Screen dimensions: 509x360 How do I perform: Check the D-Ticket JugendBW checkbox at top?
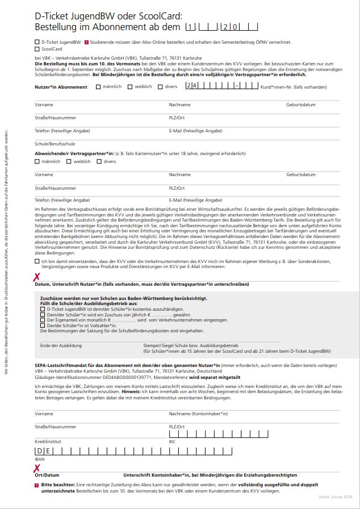coord(37,42)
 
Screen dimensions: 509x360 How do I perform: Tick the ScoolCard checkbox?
coord(37,49)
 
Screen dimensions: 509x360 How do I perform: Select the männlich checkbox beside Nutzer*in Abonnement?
coord(98,87)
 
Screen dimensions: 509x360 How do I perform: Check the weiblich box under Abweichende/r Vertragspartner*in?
coord(68,162)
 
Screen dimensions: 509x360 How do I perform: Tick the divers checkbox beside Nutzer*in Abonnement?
coord(160,87)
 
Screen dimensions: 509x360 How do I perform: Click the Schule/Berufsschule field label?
coord(55,144)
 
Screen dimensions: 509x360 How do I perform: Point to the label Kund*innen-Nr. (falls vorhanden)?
coord(294,87)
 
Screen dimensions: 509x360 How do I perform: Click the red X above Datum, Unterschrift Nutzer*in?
coord(37,277)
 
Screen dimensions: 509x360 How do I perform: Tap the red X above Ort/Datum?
coord(37,469)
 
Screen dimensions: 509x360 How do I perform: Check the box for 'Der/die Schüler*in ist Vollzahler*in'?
coord(43,325)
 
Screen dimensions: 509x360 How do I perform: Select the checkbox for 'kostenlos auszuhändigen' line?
coord(43,308)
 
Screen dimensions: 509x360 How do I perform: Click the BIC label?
coord(172,441)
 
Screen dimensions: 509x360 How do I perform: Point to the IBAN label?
coord(39,459)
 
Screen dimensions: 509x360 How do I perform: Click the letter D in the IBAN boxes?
coord(39,451)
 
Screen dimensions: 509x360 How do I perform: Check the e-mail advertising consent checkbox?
coord(37,261)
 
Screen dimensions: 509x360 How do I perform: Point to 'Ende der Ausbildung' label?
coord(57,345)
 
